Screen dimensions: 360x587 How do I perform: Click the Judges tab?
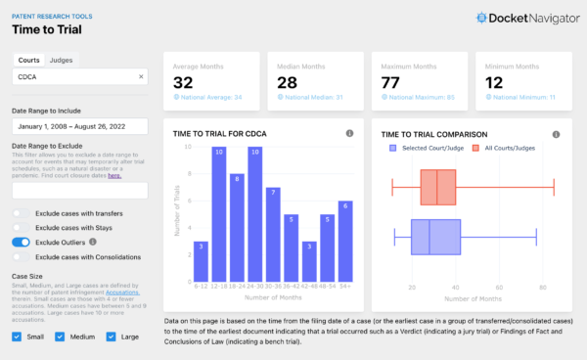pos(61,60)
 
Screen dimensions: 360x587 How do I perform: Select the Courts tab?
pos(28,60)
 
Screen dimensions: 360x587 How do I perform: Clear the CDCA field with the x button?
pos(140,76)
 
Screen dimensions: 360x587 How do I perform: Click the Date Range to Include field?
pos(78,126)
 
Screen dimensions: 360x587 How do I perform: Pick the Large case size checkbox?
pos(104,337)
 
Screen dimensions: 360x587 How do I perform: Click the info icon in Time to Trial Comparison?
pos(556,134)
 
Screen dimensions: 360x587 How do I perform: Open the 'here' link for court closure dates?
pos(114,176)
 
